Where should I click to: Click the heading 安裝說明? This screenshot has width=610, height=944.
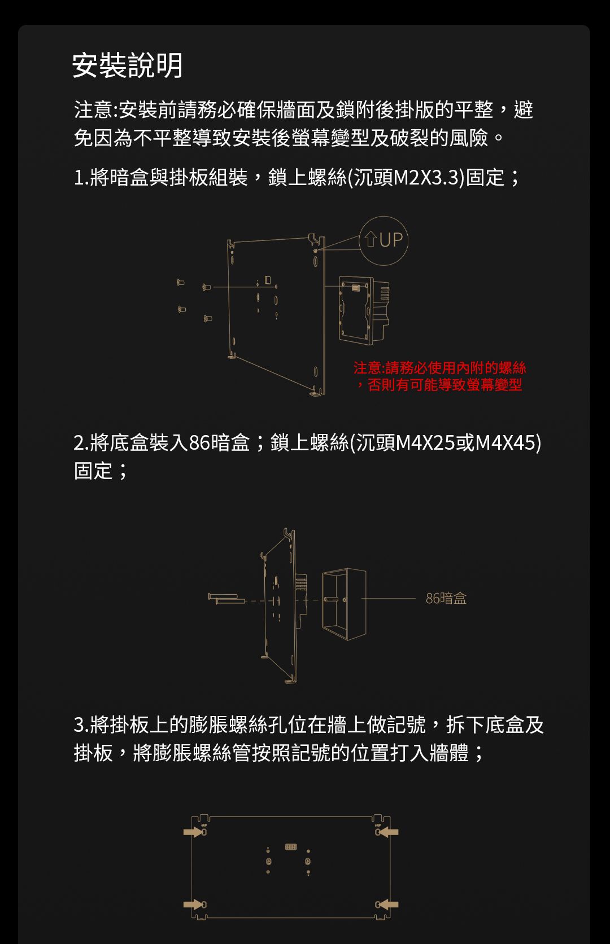[128, 65]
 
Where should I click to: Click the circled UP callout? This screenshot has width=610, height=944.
[384, 240]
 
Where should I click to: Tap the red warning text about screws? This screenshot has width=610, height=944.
[439, 376]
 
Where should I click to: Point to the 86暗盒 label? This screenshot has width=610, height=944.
[446, 599]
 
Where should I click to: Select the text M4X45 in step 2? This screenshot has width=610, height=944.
[506, 443]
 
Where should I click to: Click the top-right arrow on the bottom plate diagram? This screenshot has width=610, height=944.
[388, 832]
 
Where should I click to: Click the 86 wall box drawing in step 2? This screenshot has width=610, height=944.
[344, 604]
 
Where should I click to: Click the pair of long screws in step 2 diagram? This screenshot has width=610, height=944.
[227, 598]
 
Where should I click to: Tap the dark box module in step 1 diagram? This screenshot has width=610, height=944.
[364, 310]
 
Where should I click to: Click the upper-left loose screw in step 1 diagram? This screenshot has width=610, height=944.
[180, 282]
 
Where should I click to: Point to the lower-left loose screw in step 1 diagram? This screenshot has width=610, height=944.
[181, 309]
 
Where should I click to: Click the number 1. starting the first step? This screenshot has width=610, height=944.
[81, 177]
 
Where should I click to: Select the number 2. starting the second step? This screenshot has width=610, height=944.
[81, 443]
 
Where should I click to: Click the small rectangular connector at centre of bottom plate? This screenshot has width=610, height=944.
[291, 846]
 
